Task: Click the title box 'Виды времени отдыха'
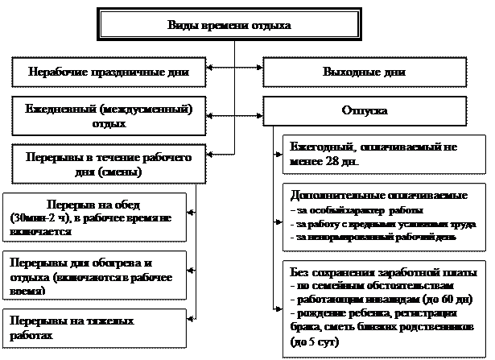[229, 25]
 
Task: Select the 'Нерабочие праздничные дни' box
[109, 72]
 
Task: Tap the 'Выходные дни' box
[363, 72]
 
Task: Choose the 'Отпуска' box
[365, 112]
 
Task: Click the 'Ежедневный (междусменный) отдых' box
[109, 116]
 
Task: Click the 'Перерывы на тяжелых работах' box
[94, 327]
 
